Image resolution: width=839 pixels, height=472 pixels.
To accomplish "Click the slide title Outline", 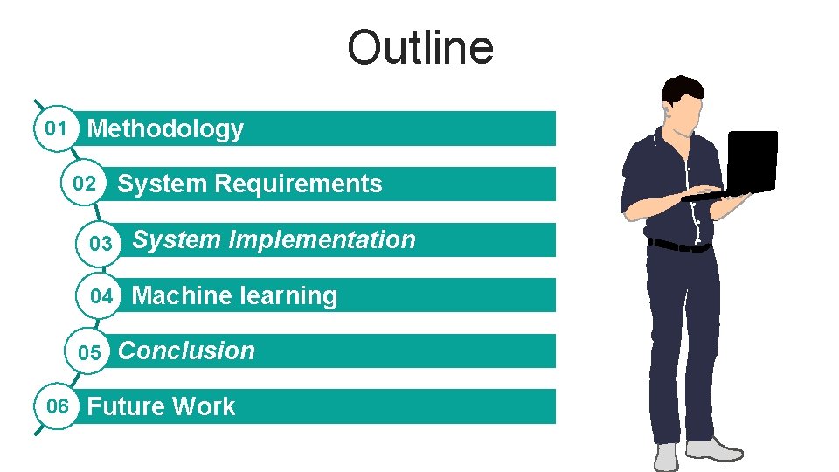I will pos(419,48).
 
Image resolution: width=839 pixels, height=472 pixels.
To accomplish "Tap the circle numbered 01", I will pos(56,128).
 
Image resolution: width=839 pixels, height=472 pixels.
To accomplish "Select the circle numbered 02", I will pos(85,184).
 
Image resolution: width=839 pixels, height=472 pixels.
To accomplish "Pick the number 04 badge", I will pos(101,296).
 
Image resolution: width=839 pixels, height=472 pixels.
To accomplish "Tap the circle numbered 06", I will pos(58,406).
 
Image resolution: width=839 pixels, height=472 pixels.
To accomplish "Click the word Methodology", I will pos(165,129).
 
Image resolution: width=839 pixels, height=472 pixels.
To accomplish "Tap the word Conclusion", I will pos(186,351).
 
